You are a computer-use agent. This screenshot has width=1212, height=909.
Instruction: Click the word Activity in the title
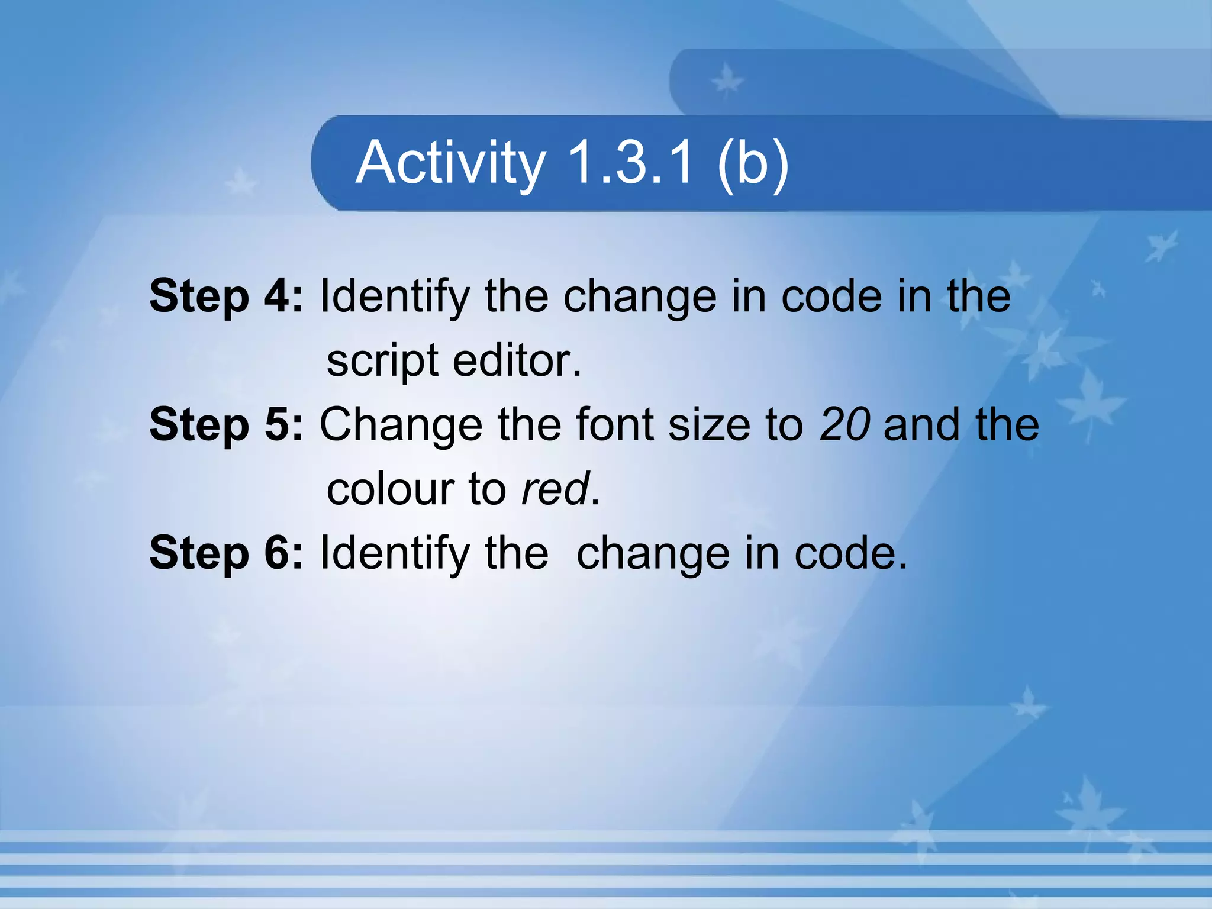[450, 162]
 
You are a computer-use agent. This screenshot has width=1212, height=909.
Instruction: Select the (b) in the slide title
[753, 162]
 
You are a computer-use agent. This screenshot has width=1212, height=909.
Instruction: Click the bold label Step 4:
[226, 296]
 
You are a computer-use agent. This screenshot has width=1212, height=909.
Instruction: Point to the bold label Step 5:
[226, 424]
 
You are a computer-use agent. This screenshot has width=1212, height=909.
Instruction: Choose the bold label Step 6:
[226, 553]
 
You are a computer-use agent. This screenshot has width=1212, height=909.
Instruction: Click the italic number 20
[844, 424]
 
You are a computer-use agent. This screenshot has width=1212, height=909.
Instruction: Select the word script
[382, 361]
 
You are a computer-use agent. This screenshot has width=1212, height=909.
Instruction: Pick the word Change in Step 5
[401, 426]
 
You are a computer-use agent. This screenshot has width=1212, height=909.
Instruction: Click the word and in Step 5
[921, 424]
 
